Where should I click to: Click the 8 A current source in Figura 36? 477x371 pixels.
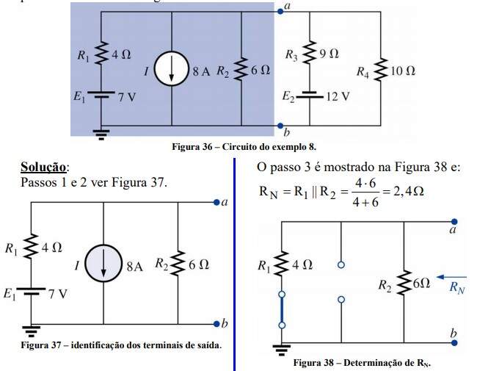pyautogui.click(x=171, y=71)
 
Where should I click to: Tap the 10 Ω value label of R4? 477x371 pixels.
pyautogui.click(x=402, y=71)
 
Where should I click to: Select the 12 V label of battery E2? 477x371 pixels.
pyautogui.click(x=338, y=96)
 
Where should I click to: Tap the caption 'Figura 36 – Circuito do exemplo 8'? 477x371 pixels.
pyautogui.click(x=238, y=147)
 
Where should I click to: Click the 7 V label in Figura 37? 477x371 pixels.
pyautogui.click(x=58, y=294)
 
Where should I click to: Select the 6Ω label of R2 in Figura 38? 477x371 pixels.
pyautogui.click(x=420, y=282)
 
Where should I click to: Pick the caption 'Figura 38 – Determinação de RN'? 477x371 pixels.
pyautogui.click(x=361, y=363)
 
